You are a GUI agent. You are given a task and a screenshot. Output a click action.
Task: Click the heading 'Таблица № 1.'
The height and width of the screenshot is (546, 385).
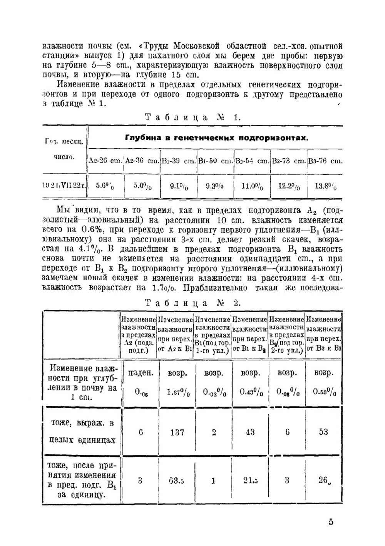pos(193,118)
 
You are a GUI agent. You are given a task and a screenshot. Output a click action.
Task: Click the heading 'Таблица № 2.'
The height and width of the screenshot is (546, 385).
pos(193,303)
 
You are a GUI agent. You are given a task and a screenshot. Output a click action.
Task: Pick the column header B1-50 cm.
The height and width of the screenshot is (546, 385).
pos(215,161)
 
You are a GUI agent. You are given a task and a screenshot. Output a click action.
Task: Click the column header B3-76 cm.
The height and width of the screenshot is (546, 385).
pos(325,161)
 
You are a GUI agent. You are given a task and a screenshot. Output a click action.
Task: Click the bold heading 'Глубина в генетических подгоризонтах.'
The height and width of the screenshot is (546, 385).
pos(217,138)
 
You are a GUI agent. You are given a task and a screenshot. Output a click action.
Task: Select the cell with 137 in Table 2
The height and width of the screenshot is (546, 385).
pos(177,432)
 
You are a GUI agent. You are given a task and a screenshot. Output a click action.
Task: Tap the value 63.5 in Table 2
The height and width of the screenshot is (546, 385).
pos(177,481)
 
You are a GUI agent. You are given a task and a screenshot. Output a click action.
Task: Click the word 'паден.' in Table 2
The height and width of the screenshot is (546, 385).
pos(141,373)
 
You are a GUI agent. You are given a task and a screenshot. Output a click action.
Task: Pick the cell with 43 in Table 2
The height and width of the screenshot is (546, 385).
pos(250,432)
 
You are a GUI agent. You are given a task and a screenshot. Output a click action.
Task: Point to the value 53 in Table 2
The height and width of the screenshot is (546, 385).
pos(323,432)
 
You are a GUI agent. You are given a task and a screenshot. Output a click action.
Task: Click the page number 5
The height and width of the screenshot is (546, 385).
pos(331,523)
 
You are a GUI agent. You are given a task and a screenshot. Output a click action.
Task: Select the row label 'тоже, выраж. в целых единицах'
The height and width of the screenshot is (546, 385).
pos(82,432)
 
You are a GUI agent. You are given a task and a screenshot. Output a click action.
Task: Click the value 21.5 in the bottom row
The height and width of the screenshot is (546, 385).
pos(250,481)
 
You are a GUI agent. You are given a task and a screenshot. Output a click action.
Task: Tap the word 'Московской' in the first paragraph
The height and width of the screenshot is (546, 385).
pos(197,46)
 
